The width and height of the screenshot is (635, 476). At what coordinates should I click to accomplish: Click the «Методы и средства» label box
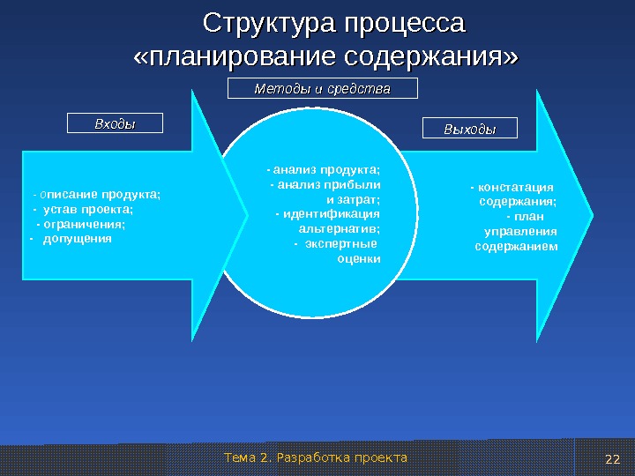(322, 89)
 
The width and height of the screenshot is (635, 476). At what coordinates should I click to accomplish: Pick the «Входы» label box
(116, 123)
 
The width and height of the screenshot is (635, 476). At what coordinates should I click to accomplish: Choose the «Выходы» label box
(470, 130)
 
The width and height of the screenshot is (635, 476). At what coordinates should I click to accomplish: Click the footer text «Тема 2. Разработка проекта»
(316, 457)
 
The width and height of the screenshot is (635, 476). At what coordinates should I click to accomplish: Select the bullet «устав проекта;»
(88, 210)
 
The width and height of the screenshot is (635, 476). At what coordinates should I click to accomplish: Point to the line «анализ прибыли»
(327, 184)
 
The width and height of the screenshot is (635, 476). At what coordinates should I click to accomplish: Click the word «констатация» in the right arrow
(514, 187)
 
